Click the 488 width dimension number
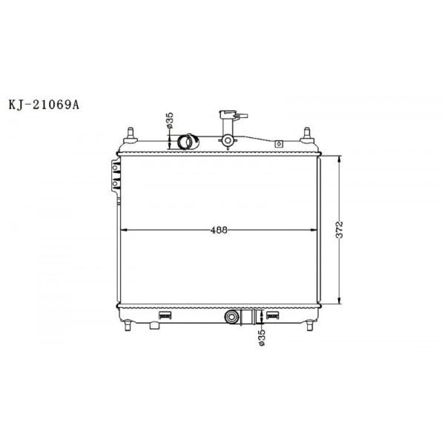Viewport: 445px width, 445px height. coord(217,230)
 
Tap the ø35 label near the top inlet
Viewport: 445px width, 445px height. coord(170,120)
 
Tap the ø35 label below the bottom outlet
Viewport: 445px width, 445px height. coord(262,337)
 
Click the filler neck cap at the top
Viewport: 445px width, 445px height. coord(226,116)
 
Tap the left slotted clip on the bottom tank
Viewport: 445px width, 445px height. coord(165,317)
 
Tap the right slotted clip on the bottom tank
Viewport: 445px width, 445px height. coord(273,317)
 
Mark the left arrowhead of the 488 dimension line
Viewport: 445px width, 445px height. coord(123,230)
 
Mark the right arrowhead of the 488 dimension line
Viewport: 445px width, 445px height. coord(314,230)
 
